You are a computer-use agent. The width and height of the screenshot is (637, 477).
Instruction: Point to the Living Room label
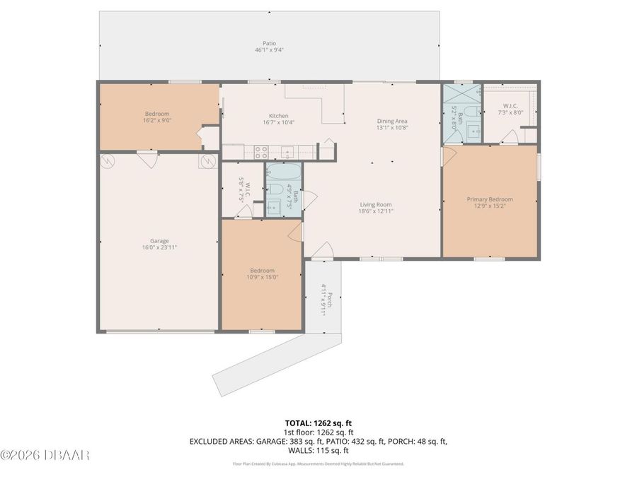tap(375, 208)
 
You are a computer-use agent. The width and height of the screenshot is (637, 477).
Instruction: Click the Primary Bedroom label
tap(489, 203)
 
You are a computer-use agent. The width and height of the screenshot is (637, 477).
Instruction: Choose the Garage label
tap(159, 245)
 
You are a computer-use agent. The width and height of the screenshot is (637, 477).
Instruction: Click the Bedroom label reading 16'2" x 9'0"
tap(157, 117)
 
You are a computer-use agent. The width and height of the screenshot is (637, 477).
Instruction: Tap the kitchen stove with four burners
tap(260, 150)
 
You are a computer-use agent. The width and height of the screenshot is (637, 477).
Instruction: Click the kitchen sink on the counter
tap(287, 151)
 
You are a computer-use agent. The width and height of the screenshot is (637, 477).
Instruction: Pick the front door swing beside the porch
tap(322, 249)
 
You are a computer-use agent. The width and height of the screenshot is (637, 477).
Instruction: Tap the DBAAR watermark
tap(45, 454)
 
